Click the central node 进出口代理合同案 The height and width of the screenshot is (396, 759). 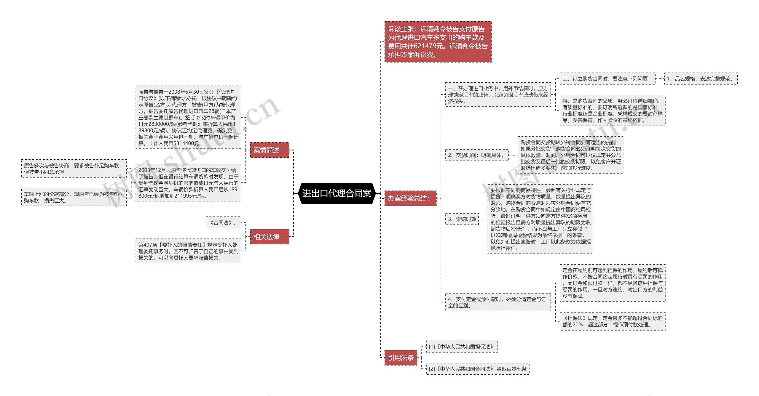337,194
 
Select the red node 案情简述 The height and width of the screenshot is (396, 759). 269,150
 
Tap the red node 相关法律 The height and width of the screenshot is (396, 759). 269,237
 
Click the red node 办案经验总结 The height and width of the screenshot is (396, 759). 410,198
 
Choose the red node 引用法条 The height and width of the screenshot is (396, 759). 401,358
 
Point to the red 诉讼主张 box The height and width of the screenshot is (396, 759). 438,42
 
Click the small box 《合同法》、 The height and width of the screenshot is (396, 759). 223,223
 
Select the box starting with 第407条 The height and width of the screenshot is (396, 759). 188,251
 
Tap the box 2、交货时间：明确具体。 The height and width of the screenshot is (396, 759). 477,155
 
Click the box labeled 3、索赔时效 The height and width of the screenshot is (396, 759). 462,219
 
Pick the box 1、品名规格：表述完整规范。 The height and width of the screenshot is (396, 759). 701,79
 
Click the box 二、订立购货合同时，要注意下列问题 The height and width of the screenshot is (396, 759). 607,79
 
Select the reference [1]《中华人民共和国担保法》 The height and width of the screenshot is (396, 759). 462,347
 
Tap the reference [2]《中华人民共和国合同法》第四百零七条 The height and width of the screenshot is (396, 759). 477,369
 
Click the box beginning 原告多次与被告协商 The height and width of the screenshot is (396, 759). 74,169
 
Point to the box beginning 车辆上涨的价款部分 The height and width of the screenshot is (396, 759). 74,197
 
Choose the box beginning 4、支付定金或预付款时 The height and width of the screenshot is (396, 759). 498,302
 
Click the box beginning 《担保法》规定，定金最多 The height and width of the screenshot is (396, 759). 612,321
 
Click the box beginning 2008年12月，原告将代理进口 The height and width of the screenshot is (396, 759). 188,183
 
